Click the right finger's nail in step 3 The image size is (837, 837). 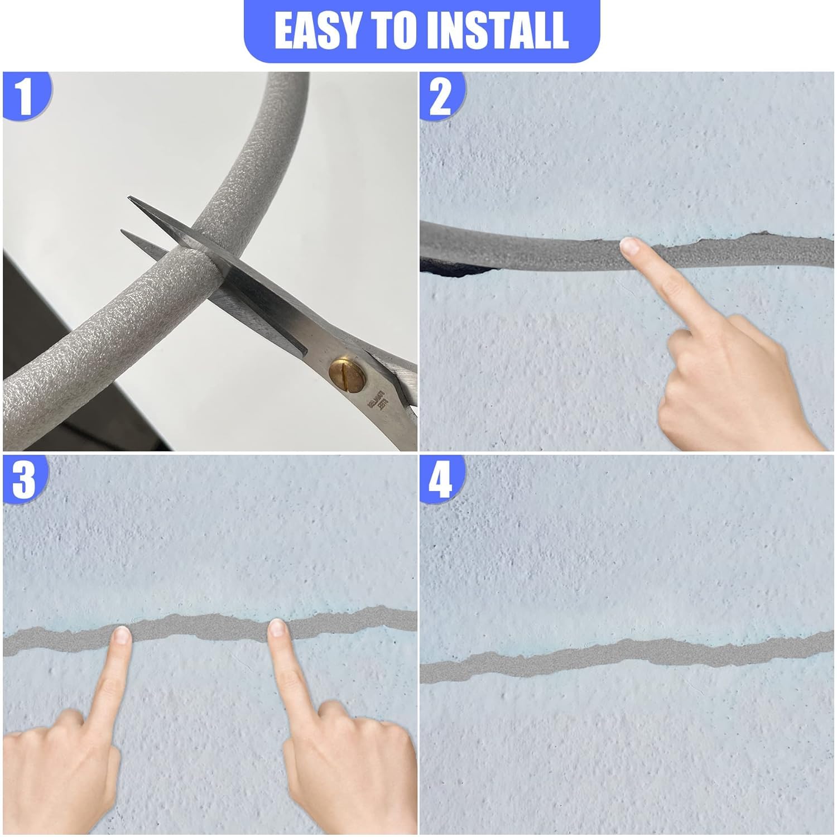point(277,629)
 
